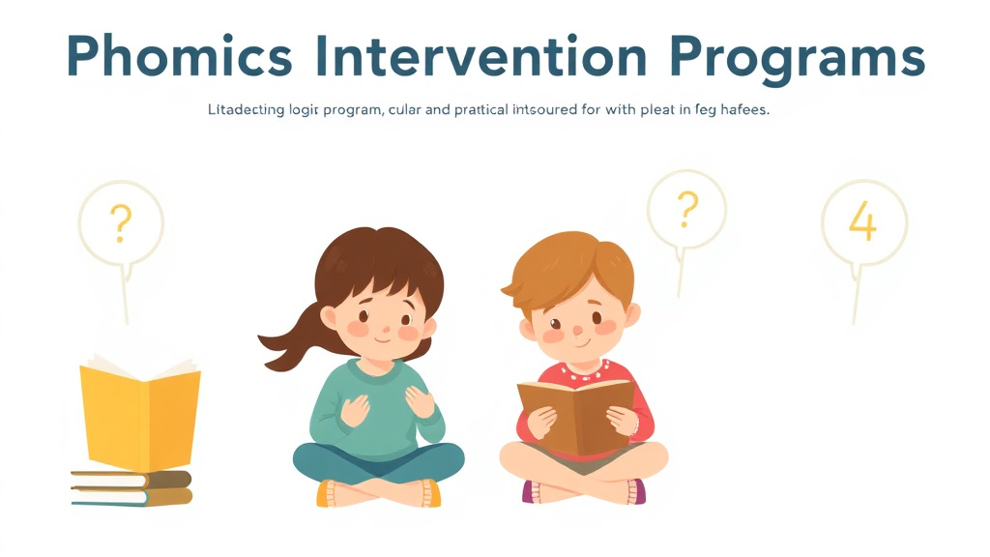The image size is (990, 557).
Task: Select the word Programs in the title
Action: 797,58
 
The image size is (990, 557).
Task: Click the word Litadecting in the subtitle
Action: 247,110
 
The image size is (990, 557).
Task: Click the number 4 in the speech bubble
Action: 862,222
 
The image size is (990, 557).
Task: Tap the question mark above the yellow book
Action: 121,223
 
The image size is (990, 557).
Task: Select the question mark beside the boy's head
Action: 686,207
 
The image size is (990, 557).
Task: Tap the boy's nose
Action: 576,332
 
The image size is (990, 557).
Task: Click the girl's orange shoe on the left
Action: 327,493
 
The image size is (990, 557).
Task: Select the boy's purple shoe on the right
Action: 636,491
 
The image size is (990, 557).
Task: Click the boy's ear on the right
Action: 631,315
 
